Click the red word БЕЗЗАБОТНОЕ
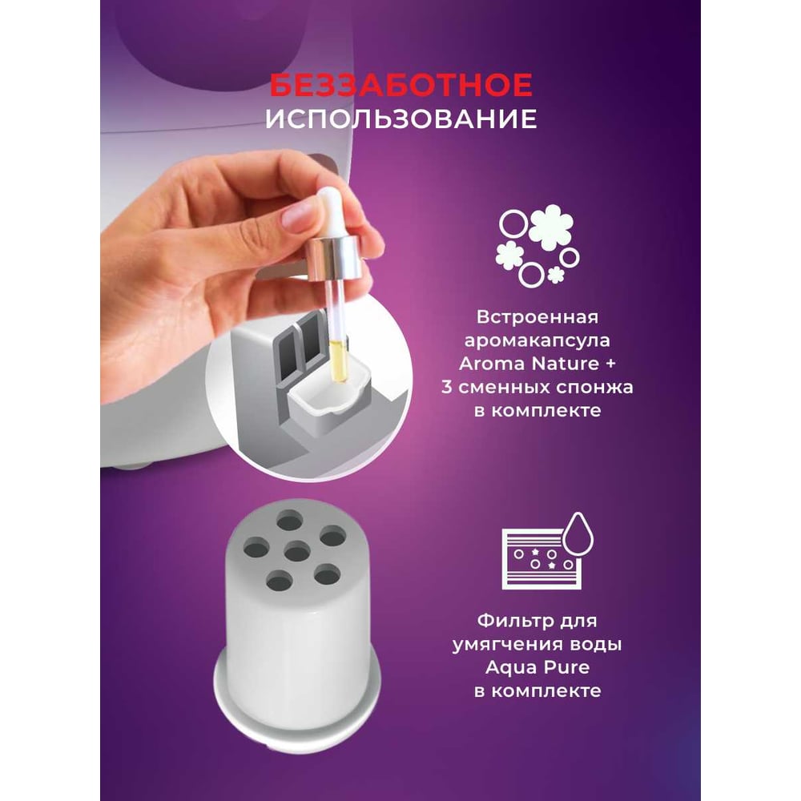(401, 85)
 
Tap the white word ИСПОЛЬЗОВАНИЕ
(401, 119)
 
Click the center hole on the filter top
(296, 552)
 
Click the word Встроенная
(537, 316)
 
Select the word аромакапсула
(537, 340)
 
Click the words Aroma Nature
(529, 364)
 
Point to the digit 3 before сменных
(446, 387)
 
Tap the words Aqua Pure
(537, 668)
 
